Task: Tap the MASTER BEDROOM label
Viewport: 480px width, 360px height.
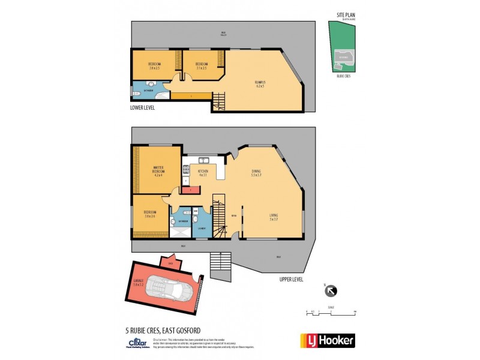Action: (159, 170)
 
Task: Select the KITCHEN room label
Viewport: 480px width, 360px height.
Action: (202, 173)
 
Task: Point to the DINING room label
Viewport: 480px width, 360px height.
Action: (256, 173)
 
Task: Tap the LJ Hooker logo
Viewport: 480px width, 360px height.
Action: (327, 340)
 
